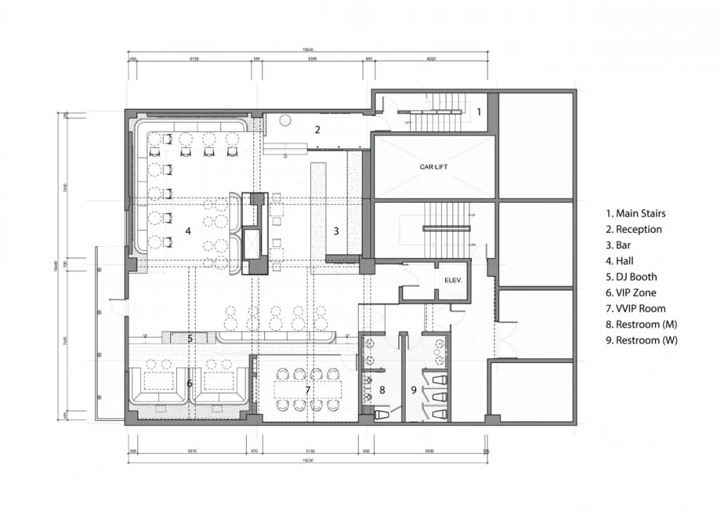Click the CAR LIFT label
(434, 166)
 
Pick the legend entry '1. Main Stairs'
(636, 213)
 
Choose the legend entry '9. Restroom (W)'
(641, 340)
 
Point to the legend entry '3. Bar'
(621, 245)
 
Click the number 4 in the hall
(188, 231)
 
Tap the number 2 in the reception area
(318, 130)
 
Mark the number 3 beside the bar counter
(337, 231)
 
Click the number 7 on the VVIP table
(308, 390)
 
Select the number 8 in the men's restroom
(382, 389)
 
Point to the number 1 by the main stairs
(479, 111)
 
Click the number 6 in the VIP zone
(189, 383)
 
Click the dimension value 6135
(195, 59)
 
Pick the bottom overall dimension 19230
(308, 461)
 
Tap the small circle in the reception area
(285, 120)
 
